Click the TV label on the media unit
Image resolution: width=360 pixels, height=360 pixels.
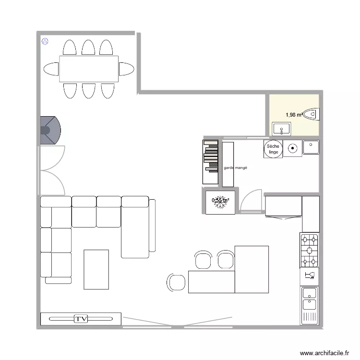81,319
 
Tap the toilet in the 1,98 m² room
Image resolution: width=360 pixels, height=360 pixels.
311,114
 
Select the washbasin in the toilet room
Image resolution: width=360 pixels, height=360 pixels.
281,129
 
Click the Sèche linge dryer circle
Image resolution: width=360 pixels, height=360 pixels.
273,149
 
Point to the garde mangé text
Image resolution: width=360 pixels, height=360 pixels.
235,168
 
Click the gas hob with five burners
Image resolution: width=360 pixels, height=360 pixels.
310,250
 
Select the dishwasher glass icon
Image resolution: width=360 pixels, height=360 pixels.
310,276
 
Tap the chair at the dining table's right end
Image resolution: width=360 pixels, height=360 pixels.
127,69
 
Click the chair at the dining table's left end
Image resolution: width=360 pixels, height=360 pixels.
51,69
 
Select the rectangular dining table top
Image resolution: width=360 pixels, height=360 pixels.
88,69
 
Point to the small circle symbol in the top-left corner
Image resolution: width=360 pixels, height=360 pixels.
45,41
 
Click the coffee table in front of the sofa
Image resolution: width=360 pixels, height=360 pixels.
96,269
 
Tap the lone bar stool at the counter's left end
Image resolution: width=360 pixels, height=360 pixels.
176,282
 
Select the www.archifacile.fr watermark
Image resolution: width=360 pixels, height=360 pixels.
324,353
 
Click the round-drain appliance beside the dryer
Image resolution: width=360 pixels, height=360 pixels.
292,149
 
